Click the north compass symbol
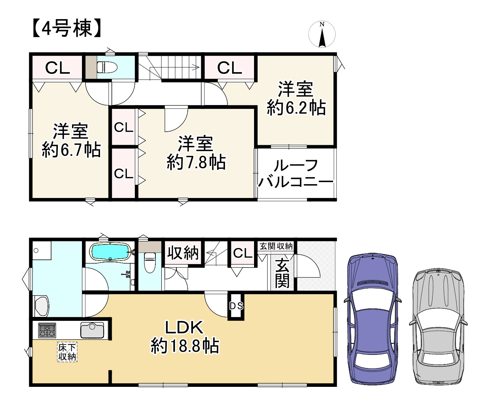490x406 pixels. coord(322,34)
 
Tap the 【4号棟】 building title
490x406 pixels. coord(67,28)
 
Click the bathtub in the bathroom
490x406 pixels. coord(110,252)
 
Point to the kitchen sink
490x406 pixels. coord(92,330)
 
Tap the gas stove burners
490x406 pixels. coord(47,330)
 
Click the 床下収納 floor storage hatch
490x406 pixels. coord(67,352)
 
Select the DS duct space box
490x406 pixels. coord(236,306)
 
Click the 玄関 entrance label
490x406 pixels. coord(282,273)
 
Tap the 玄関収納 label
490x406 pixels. coord(276,246)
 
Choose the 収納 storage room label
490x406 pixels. coord(183,253)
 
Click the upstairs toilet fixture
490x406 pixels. coord(107,67)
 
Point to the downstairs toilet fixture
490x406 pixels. coord(149,262)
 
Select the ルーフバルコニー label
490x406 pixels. coord(296,173)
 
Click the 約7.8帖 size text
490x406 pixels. coord(196,163)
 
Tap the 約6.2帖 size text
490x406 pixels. coord(296,108)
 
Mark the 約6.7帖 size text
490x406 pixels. coord(71,150)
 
